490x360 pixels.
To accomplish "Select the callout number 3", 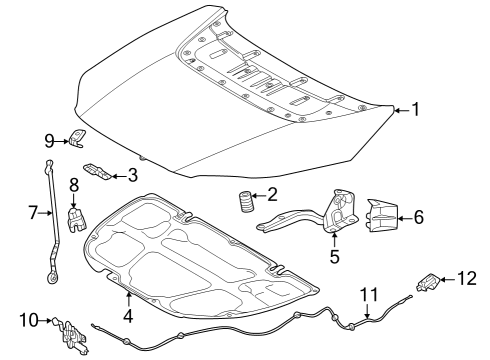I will [132, 176].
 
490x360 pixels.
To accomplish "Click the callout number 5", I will [334, 256].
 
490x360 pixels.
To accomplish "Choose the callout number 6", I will [419, 215].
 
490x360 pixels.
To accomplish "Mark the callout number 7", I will [32, 211].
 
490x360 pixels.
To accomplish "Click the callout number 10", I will [26, 320].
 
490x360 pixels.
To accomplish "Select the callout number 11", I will [369, 293].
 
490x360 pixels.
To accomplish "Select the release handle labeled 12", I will [429, 282].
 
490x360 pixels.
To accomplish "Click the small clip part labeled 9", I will [77, 139].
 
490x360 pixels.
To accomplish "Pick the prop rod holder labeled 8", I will [73, 216].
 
